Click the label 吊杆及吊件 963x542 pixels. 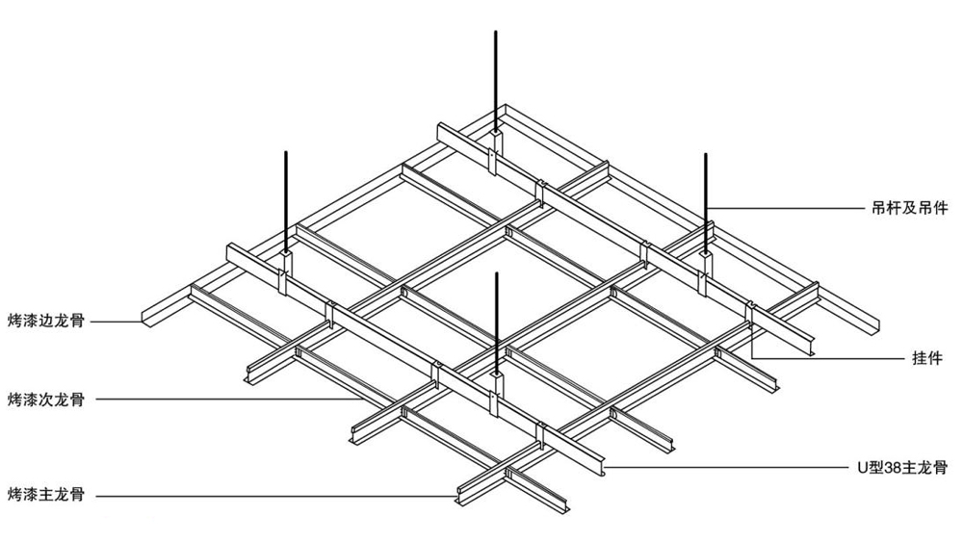[x=910, y=208]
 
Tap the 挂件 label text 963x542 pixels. [x=926, y=358]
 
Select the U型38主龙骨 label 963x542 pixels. [x=902, y=468]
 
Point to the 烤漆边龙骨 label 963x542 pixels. [x=46, y=321]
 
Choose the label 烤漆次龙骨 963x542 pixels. [x=46, y=400]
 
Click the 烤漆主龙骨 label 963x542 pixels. [x=46, y=495]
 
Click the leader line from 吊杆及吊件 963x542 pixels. [x=786, y=209]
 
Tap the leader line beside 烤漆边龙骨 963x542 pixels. [x=119, y=321]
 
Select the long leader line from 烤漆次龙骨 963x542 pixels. [x=228, y=400]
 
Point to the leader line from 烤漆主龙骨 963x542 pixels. [x=276, y=496]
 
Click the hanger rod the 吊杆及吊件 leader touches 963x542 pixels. [x=706, y=202]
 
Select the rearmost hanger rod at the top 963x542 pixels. [x=495, y=81]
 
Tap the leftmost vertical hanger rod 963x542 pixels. [x=286, y=201]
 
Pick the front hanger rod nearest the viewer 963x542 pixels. [x=496, y=323]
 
